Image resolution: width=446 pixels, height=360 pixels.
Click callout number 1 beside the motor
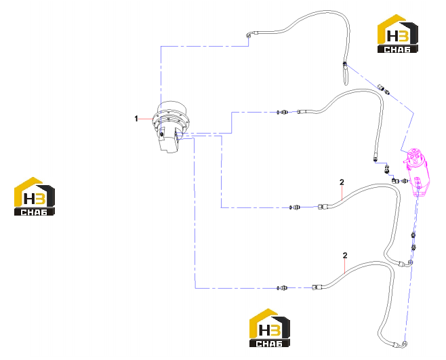pyautogui.click(x=136, y=119)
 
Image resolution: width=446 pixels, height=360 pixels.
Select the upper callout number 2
pyautogui.click(x=342, y=182)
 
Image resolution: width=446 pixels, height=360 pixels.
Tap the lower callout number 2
pyautogui.click(x=345, y=256)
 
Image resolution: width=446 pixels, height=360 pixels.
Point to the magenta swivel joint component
pyautogui.click(x=416, y=172)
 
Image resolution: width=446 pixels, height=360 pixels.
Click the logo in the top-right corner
pyautogui.click(x=398, y=34)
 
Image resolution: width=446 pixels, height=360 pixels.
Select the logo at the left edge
pyautogui.click(x=35, y=196)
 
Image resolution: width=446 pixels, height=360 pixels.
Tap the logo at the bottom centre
pyautogui.click(x=270, y=327)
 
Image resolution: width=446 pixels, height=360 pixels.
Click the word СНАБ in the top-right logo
pyautogui.click(x=397, y=49)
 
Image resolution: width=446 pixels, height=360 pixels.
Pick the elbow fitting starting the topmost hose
pyautogui.click(x=248, y=35)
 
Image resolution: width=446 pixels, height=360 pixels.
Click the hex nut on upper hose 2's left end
pyautogui.click(x=321, y=206)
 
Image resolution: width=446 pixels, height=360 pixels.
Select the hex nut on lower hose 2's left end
pyautogui.click(x=315, y=287)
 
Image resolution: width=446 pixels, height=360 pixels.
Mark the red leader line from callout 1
pyautogui.click(x=146, y=119)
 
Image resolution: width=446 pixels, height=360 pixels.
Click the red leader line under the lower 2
pyautogui.click(x=345, y=266)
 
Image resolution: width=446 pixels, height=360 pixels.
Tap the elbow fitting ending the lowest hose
pyautogui.click(x=404, y=344)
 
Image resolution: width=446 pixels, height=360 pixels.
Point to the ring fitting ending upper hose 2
pyautogui.click(x=410, y=262)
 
